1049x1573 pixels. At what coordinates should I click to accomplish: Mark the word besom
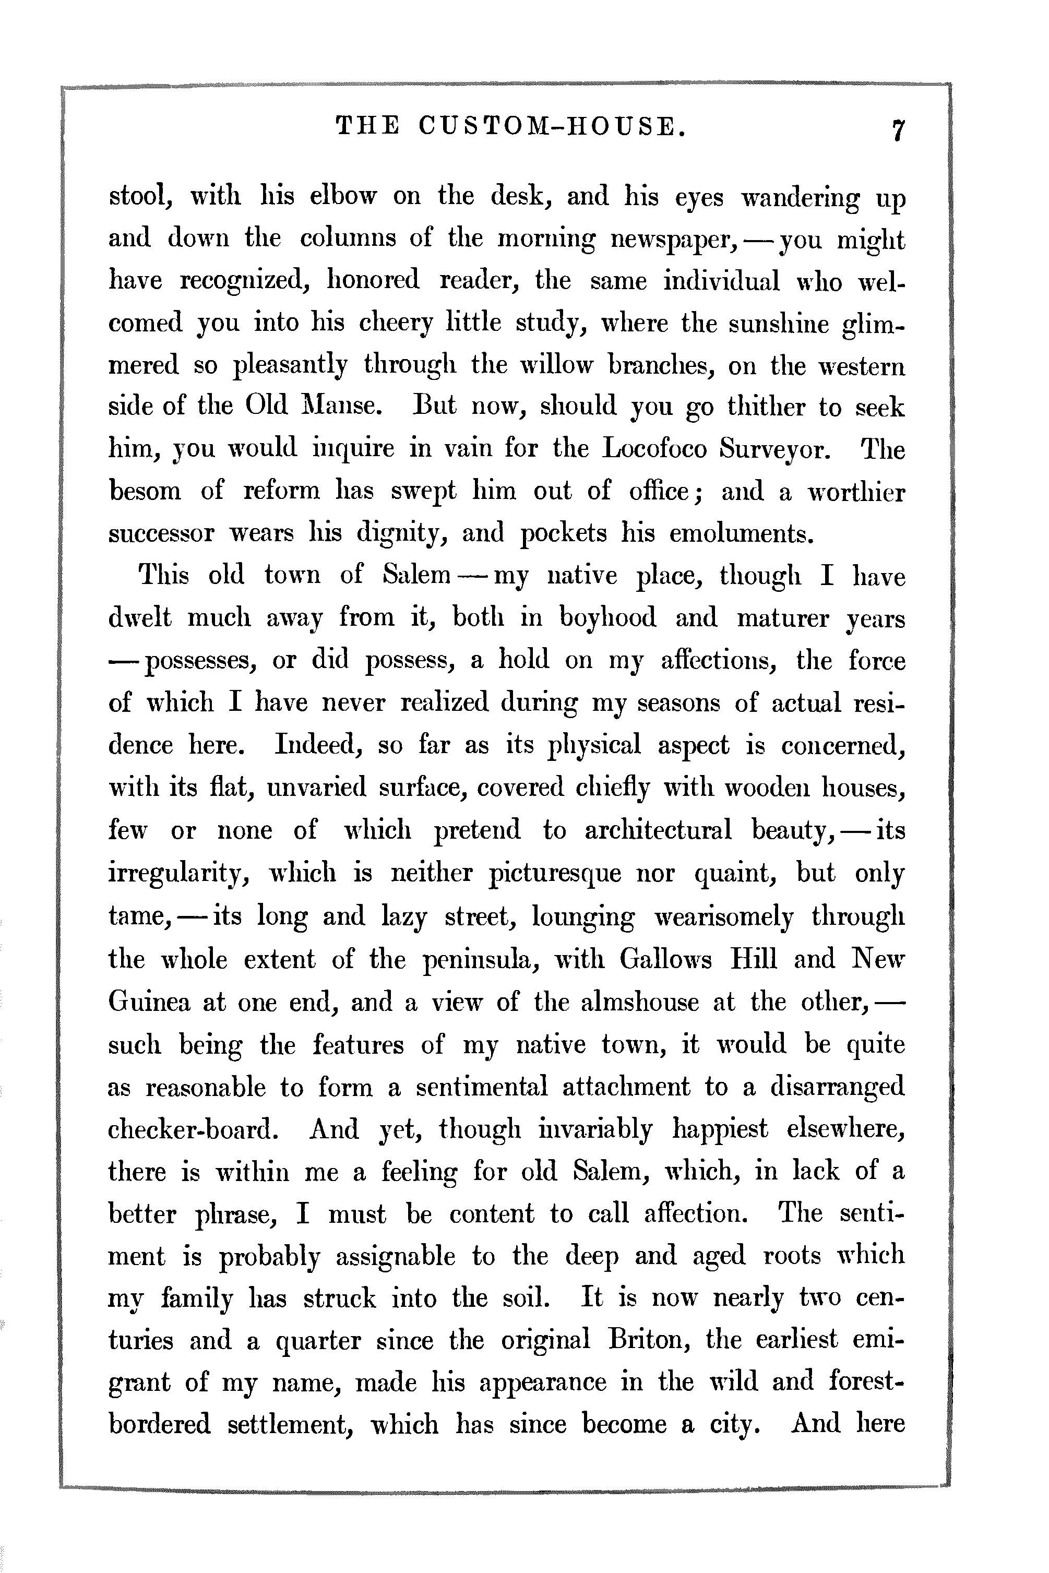coord(145,491)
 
